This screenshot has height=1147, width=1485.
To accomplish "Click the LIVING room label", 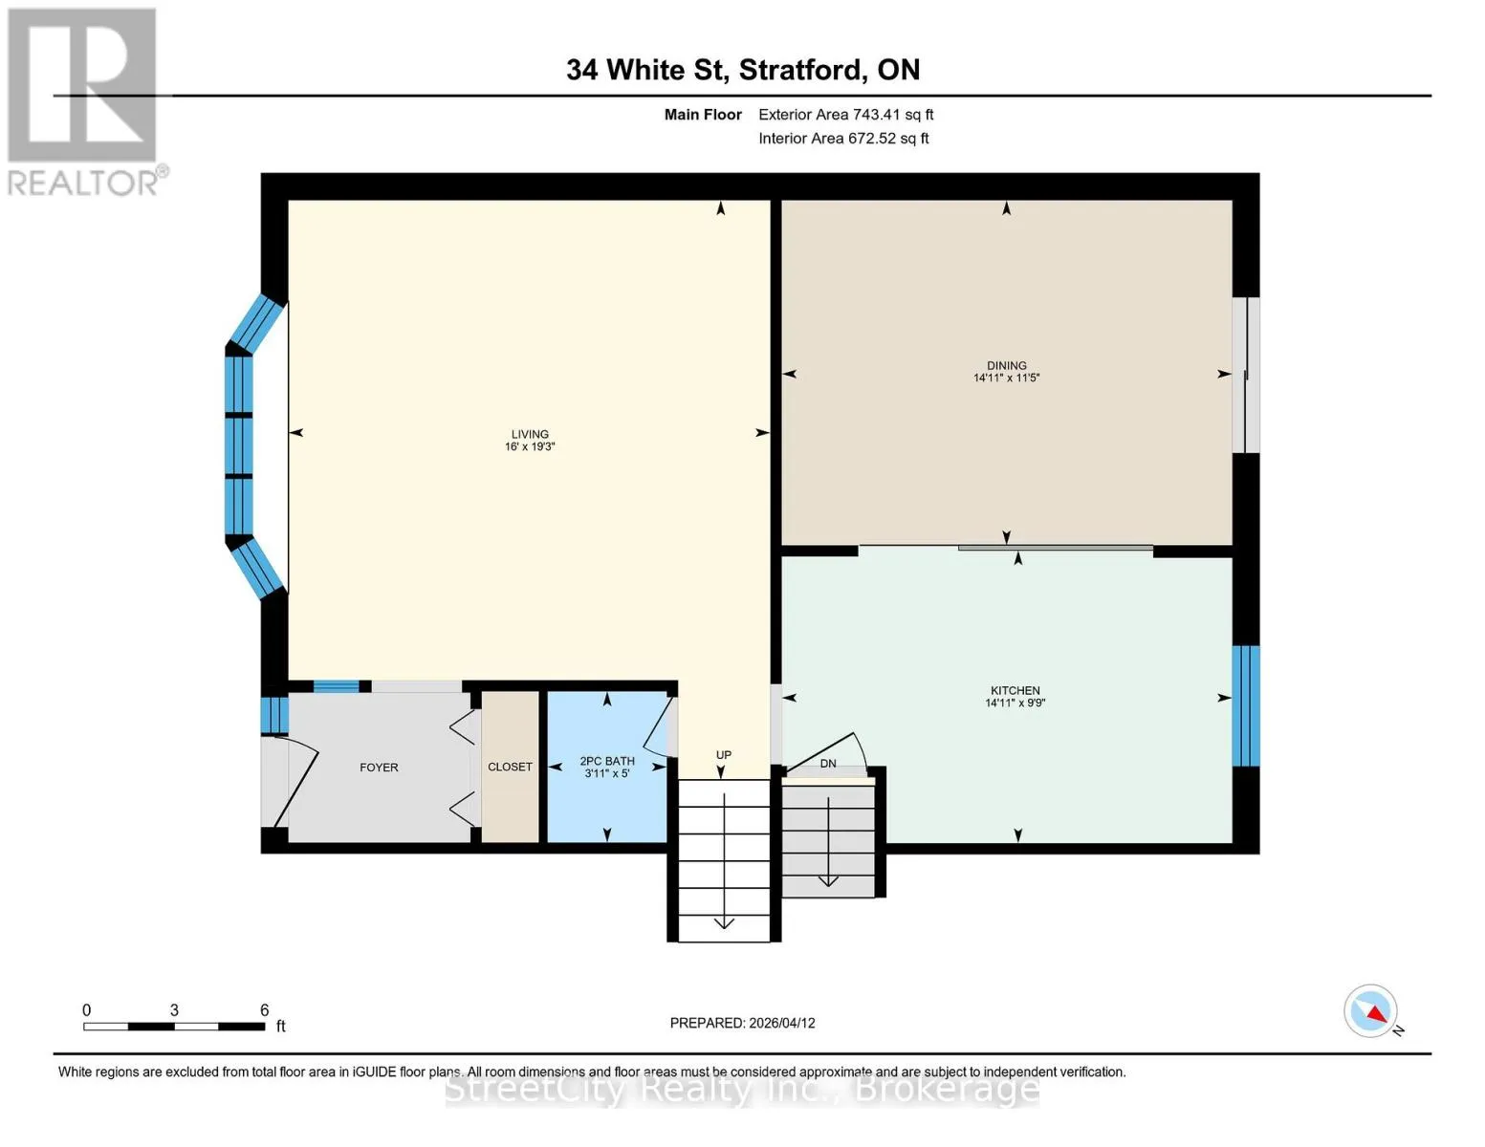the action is [x=530, y=434].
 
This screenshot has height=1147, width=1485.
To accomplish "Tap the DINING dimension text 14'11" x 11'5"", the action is [x=1006, y=378].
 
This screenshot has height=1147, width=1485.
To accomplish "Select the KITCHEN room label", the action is [x=1015, y=691].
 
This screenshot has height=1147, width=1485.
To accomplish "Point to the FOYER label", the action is [x=379, y=768].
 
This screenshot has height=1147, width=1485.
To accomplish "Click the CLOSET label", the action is [x=510, y=767].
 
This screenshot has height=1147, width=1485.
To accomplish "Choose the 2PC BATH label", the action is [x=607, y=761].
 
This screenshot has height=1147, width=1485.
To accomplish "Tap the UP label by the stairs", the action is [x=723, y=755].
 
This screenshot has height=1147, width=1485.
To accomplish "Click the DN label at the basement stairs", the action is [x=827, y=764].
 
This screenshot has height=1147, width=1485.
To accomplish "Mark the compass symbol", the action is [x=1371, y=1011].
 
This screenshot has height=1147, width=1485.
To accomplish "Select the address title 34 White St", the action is [x=645, y=70].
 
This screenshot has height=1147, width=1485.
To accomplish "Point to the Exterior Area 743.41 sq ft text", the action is [x=845, y=115].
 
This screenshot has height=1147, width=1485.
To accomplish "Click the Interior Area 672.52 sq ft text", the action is [x=843, y=139].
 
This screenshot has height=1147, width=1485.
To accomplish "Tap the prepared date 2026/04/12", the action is [x=782, y=1023].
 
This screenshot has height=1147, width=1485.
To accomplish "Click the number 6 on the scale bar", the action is [x=265, y=1009].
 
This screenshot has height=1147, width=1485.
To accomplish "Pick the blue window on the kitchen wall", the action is [x=1245, y=706].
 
